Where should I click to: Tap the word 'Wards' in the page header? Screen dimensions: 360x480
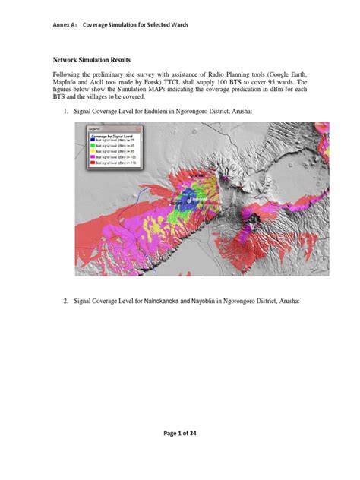point(178,25)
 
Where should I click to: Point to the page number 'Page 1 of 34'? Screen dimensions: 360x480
point(180,454)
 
